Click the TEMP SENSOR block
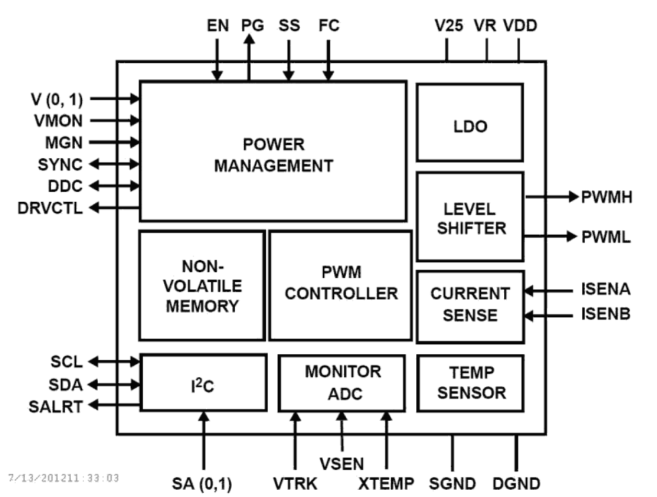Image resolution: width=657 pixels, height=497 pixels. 470,383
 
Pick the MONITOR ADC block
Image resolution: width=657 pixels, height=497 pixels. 342,383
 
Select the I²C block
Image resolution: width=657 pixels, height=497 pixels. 203,383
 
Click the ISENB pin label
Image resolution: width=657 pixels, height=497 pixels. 605,315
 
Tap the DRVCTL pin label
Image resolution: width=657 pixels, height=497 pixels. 50,209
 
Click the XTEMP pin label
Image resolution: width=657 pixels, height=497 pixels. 386,483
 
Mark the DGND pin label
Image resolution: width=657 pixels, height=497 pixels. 516,483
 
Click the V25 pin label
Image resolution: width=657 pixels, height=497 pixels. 448,26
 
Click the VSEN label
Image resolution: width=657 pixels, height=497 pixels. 342,462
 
